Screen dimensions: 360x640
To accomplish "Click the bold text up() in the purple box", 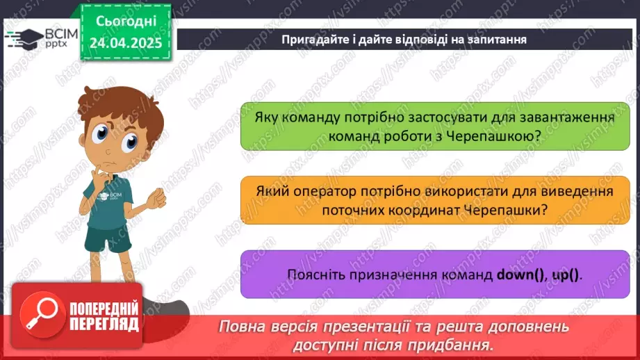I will coord(565,275).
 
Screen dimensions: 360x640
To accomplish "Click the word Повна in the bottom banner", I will coord(240,327).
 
